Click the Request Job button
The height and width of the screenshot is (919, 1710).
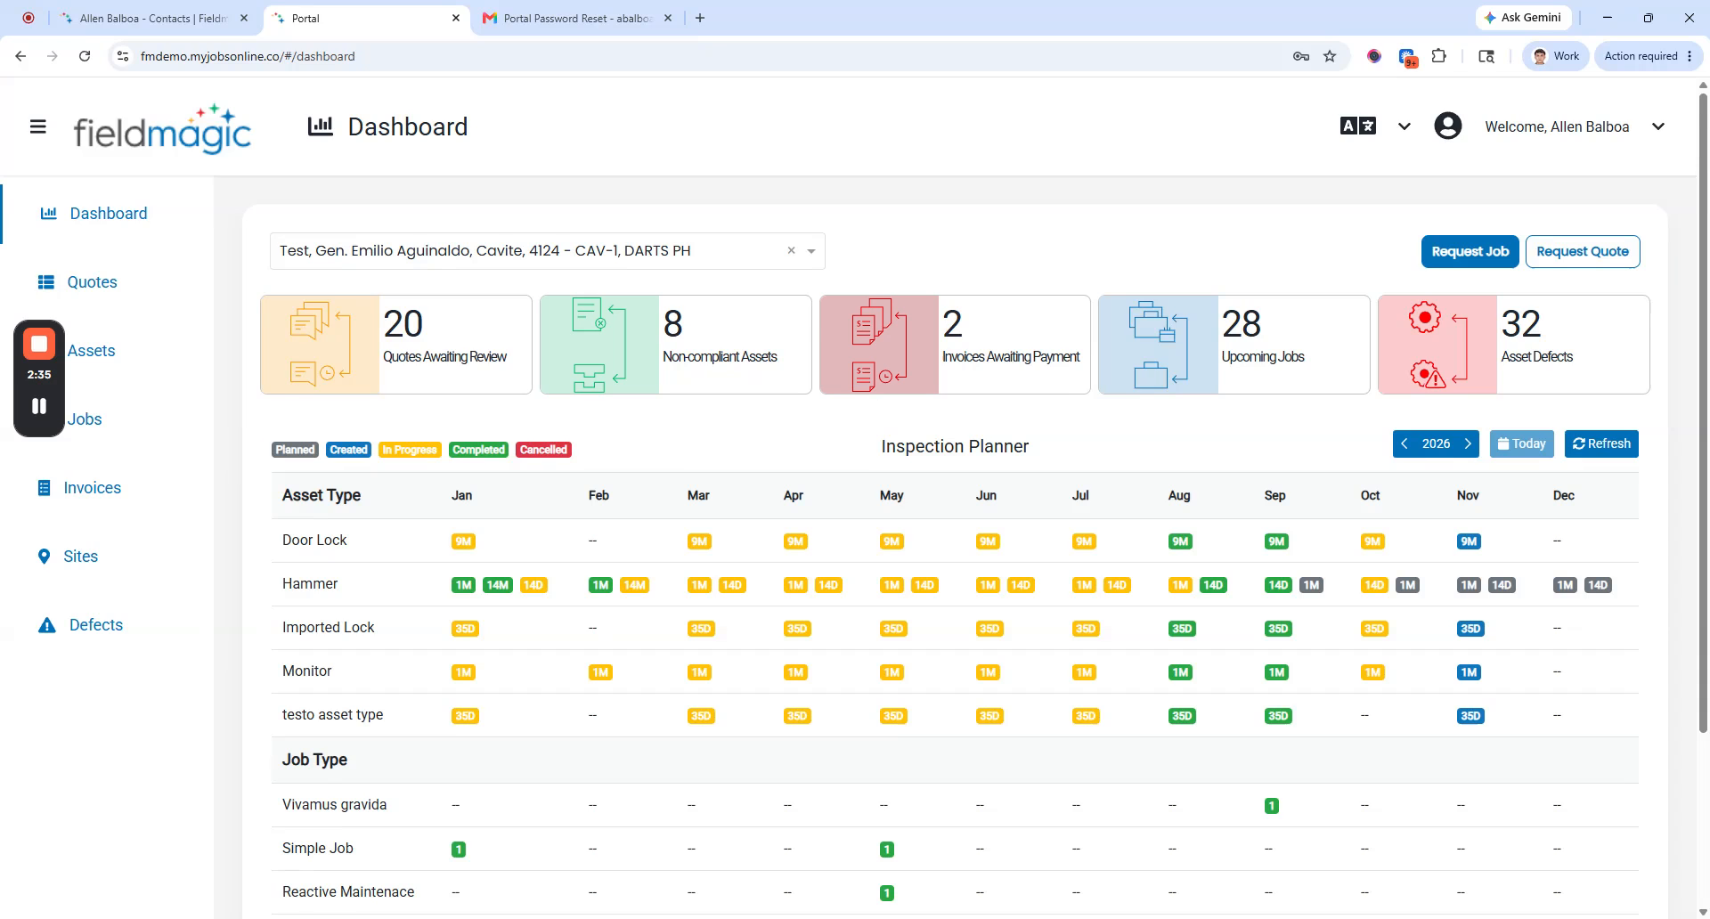(1470, 251)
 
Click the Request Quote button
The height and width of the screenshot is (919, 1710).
(1583, 251)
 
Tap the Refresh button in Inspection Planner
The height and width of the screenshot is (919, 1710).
(1601, 443)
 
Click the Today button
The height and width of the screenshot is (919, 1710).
(1522, 443)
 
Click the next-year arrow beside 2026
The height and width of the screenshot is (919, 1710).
(1468, 443)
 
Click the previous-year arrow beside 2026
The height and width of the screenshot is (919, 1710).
(1405, 443)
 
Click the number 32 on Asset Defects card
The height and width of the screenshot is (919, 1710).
(1520, 324)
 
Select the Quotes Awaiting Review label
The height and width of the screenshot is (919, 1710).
(444, 357)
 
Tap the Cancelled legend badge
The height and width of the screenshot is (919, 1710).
(543, 450)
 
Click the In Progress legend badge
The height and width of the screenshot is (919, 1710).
(410, 450)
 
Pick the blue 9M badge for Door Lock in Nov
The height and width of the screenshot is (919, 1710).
(1469, 541)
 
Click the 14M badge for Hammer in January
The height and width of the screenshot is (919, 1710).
(497, 585)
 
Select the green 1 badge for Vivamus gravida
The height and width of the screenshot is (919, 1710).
(1272, 806)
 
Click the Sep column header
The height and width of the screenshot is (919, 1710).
(1274, 496)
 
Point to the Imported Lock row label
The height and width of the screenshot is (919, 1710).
(328, 628)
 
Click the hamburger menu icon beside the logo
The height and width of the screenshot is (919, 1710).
(38, 126)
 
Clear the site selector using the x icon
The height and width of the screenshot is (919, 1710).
(791, 251)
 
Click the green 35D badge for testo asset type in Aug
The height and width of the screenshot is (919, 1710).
(1182, 716)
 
